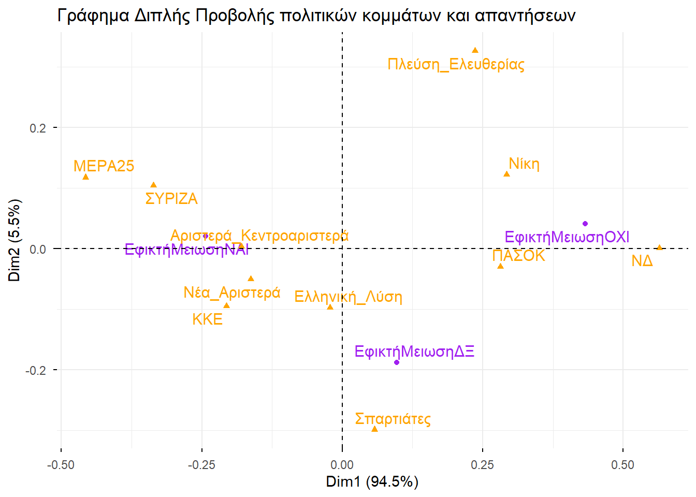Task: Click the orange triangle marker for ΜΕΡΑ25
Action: click(86, 177)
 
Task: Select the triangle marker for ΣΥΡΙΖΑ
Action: click(153, 185)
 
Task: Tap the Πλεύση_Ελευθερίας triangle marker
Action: click(475, 50)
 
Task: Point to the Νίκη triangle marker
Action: click(506, 174)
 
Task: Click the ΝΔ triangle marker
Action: click(659, 247)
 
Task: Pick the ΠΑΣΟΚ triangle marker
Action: click(500, 266)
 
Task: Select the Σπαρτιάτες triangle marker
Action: click(374, 429)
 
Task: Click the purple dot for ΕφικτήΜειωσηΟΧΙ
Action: click(585, 224)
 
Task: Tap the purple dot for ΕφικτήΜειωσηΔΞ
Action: click(397, 362)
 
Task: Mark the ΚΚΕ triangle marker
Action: click(226, 305)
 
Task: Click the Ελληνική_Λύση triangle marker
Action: click(330, 307)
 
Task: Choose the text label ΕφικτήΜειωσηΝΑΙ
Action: click(186, 250)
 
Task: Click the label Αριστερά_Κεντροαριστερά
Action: click(259, 236)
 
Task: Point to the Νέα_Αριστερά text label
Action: click(231, 293)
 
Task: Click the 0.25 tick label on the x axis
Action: click(482, 464)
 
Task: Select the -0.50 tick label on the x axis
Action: click(61, 464)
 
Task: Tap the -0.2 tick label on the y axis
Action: click(36, 370)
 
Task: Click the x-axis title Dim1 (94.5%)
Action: click(372, 482)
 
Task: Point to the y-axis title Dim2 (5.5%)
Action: click(15, 240)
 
